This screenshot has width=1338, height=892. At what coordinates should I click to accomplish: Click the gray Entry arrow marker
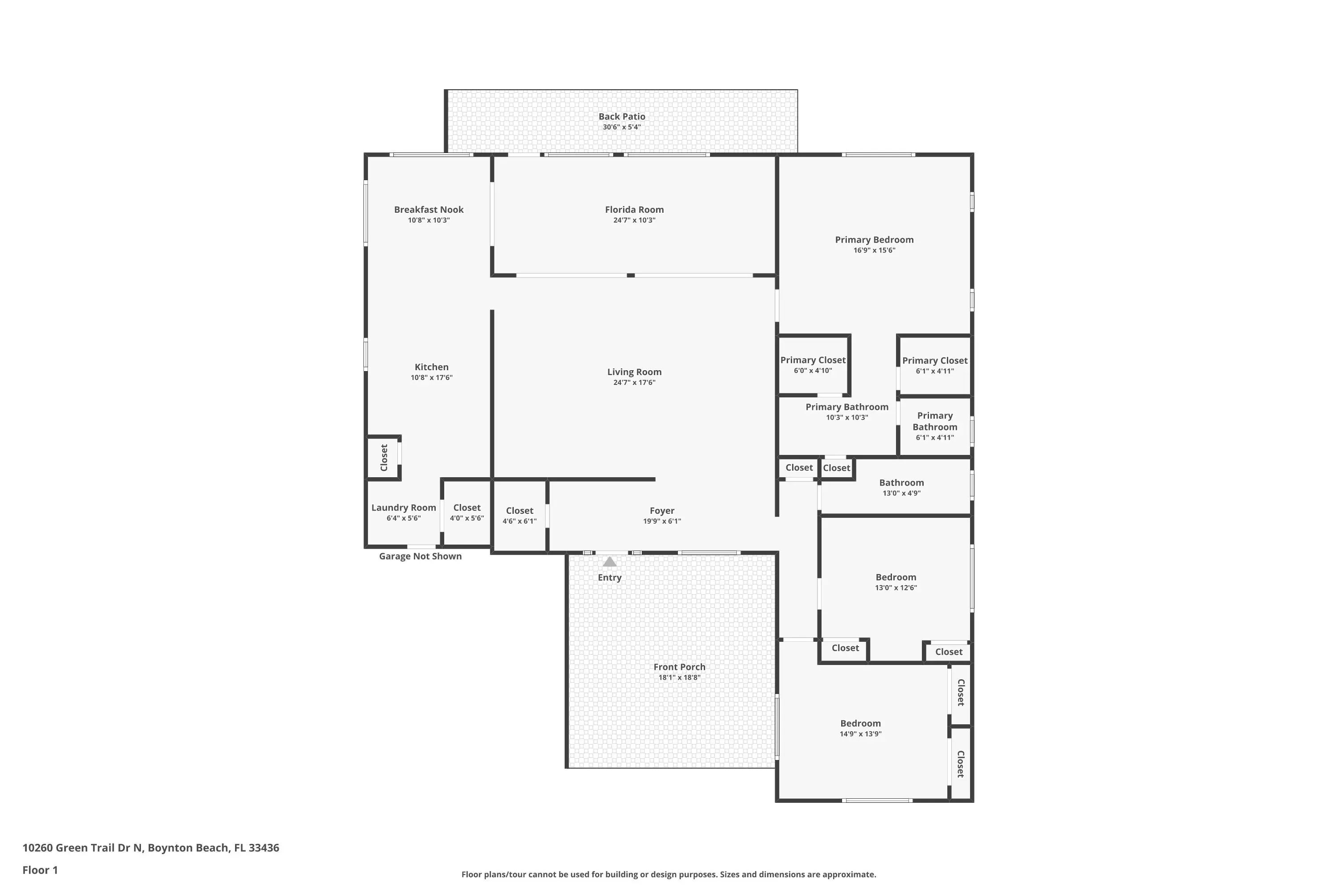pos(609,562)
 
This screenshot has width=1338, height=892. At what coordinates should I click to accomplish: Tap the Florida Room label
pos(634,209)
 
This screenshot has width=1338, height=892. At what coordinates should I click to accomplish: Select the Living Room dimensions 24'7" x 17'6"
pos(634,382)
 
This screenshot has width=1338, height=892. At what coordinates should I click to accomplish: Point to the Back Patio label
pos(622,116)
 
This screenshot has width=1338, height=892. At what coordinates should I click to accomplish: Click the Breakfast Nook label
pos(429,209)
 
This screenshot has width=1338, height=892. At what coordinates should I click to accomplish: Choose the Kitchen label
pos(432,367)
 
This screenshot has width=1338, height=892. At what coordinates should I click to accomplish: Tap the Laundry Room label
pos(404,508)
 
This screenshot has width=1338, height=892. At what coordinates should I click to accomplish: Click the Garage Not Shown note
pos(421,556)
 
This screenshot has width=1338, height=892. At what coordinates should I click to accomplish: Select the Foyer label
pos(662,510)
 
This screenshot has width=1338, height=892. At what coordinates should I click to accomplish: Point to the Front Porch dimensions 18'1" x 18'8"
pos(679,677)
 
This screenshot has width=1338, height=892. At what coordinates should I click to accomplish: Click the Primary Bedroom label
pos(874,240)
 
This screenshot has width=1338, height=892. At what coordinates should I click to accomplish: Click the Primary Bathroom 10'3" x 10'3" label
pos(847,407)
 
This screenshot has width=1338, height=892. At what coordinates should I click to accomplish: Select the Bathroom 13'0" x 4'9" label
pos(902,483)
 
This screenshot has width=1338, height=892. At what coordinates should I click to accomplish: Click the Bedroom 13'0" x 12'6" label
pos(896,577)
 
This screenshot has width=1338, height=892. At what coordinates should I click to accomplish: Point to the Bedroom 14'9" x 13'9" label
pos(861,723)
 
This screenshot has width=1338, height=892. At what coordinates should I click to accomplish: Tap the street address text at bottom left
pos(151,848)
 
